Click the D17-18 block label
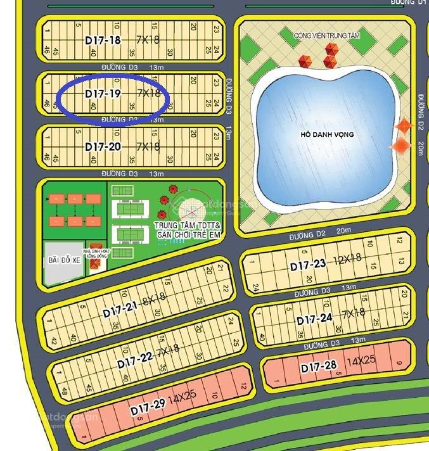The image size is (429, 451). pyautogui.click(x=103, y=40)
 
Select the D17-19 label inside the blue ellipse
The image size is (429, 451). pyautogui.click(x=103, y=94)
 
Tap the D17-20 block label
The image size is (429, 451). pyautogui.click(x=103, y=147)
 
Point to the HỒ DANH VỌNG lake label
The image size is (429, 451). pyautogui.click(x=327, y=135)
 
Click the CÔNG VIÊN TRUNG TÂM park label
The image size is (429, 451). pyautogui.click(x=326, y=36)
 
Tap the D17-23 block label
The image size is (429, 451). pyautogui.click(x=308, y=265)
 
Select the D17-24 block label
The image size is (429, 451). pyautogui.click(x=314, y=319)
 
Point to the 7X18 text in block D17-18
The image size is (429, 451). pyautogui.click(x=148, y=39)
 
